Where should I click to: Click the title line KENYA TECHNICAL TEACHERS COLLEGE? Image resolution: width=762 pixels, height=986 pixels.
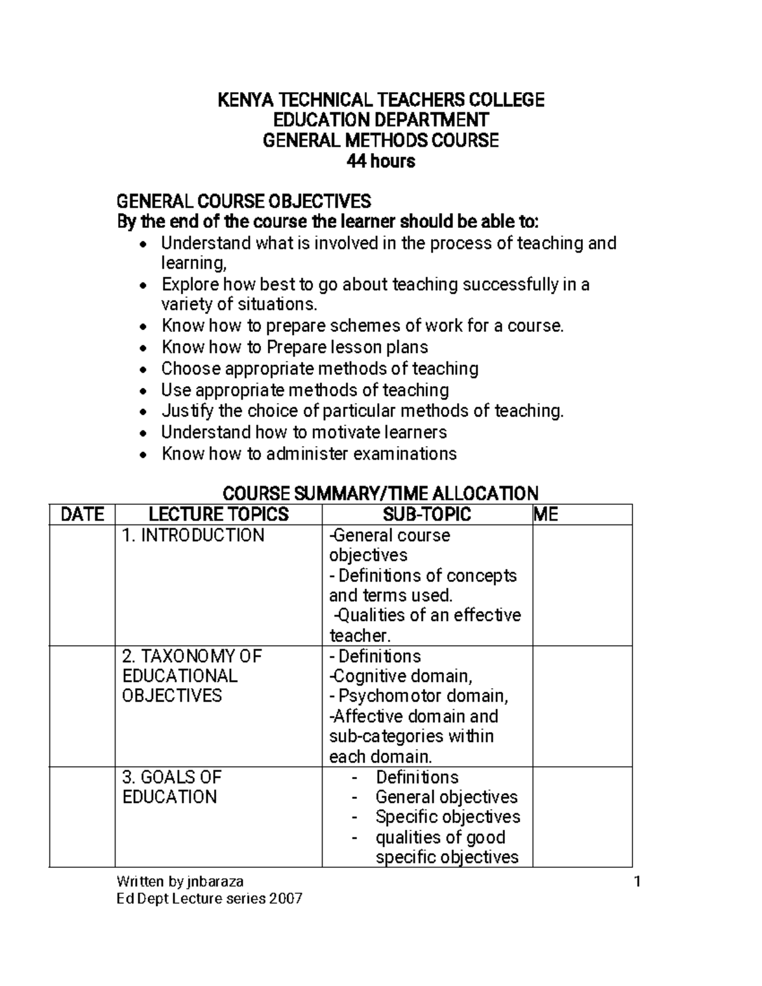coord(381,100)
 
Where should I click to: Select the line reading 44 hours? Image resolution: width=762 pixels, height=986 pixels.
coord(380,161)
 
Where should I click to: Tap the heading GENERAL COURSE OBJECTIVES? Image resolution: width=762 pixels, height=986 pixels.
coord(244,202)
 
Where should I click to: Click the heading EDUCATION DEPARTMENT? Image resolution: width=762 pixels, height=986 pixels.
coord(381,120)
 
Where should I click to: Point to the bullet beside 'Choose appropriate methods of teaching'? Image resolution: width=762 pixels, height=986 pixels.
coord(145,370)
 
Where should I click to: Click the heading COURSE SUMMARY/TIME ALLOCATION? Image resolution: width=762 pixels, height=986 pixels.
coord(380,493)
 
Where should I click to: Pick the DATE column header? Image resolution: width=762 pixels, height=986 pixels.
coord(82,514)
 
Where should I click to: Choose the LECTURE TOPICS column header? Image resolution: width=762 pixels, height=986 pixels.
coord(218,514)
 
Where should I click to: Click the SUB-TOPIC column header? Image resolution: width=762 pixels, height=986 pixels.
coord(427,514)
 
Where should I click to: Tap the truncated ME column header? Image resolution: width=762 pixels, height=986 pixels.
coord(546,514)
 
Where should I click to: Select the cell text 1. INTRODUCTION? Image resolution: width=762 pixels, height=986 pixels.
coord(193,535)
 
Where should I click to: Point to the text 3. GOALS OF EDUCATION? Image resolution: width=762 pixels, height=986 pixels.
coord(170,787)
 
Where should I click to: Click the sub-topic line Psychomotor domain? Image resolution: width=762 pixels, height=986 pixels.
coord(423,696)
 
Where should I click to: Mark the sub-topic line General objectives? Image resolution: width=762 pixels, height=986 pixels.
coord(446,797)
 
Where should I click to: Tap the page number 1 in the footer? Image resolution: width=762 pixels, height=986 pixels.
coord(638,882)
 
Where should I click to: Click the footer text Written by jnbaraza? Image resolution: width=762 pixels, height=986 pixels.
coord(180,881)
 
